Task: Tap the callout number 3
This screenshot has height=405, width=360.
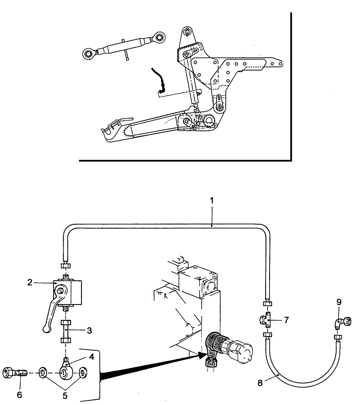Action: [89, 330]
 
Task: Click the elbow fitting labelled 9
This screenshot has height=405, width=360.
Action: [340, 322]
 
